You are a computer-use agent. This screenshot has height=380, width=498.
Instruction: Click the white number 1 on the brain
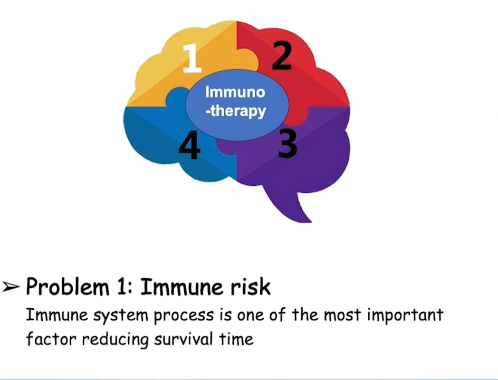(192, 58)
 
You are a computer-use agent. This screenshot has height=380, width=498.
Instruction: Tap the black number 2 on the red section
(281, 56)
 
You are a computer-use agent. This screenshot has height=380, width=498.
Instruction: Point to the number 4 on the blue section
(189, 146)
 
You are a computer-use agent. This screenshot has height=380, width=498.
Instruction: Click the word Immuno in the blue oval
(235, 92)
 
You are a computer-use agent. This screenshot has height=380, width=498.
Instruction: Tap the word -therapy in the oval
(236, 111)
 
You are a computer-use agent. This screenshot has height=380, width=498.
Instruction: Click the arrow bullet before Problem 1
(11, 287)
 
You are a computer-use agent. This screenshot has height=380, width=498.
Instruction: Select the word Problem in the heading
(68, 287)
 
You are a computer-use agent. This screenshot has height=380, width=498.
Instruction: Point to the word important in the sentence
(405, 315)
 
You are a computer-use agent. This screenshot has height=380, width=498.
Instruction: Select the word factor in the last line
(51, 339)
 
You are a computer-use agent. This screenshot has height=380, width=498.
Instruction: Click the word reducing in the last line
(116, 340)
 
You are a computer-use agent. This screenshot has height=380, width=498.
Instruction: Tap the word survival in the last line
(184, 339)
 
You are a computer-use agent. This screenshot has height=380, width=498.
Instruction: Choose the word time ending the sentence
(236, 339)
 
